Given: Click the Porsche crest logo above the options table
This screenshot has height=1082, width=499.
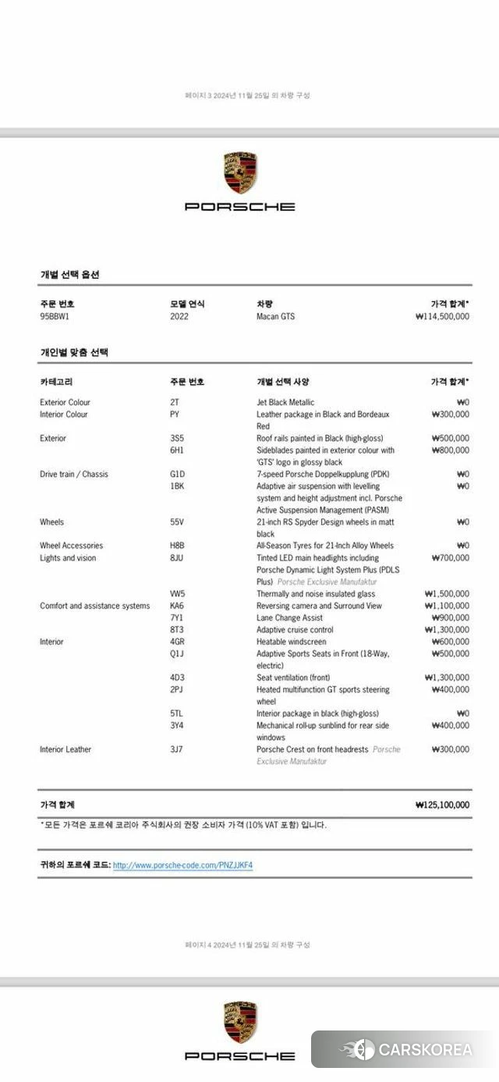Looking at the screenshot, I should [x=240, y=174].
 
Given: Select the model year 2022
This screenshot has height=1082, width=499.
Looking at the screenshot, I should [x=179, y=316].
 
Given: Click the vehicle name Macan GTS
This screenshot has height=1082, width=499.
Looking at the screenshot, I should [x=275, y=316].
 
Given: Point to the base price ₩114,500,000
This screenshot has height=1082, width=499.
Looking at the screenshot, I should [x=443, y=316].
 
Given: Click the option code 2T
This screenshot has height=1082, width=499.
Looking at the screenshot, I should [x=174, y=402].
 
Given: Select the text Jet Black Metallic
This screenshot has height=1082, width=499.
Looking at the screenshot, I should [x=285, y=402].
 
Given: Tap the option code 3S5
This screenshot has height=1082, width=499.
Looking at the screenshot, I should [x=177, y=438].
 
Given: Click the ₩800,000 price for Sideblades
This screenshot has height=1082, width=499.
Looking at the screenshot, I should [x=450, y=450].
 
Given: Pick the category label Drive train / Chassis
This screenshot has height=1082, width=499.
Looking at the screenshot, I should [x=74, y=474].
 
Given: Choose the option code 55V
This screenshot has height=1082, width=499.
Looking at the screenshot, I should [x=177, y=521].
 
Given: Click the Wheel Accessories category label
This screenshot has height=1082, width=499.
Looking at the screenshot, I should [x=71, y=546].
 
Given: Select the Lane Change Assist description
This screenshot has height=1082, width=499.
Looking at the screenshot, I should [x=289, y=618].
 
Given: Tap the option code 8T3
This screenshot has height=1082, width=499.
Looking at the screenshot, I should [x=176, y=629].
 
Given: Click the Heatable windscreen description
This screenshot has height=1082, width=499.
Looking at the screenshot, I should [x=291, y=642].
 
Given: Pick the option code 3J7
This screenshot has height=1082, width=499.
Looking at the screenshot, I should [x=176, y=749].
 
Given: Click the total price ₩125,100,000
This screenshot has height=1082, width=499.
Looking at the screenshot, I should [x=442, y=804].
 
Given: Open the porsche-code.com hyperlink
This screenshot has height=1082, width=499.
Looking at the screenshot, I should [x=182, y=865].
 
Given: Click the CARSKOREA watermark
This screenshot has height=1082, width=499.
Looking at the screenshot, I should [x=405, y=1049].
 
